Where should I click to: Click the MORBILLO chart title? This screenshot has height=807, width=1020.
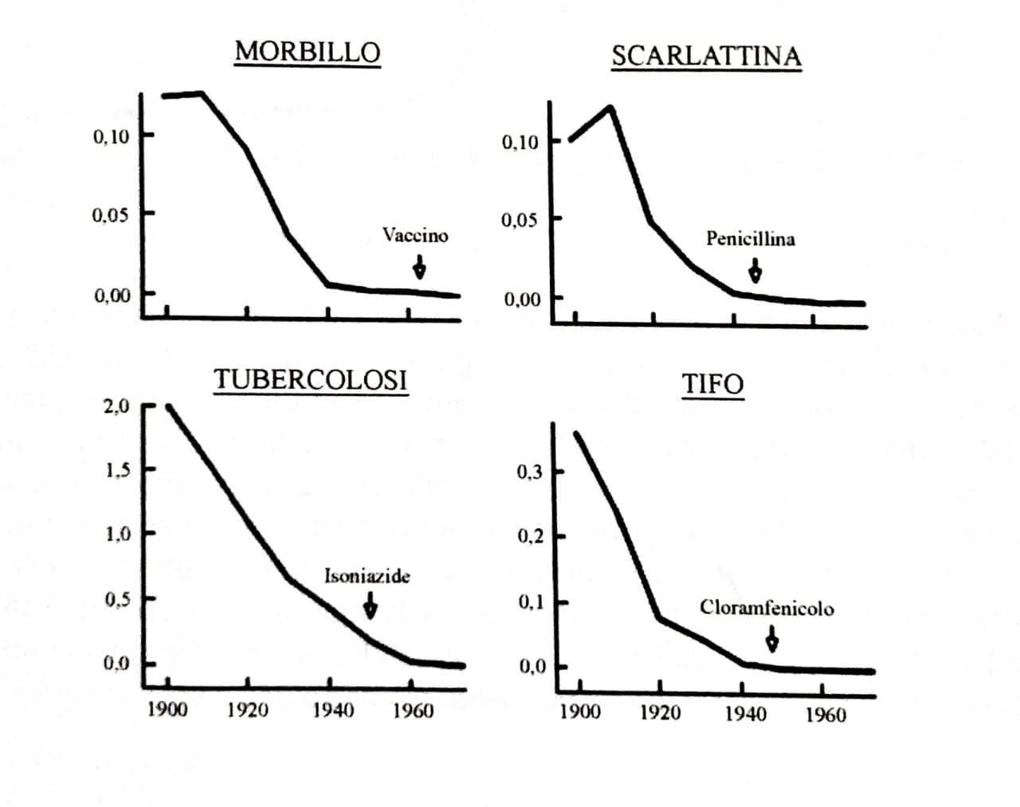[x=308, y=52]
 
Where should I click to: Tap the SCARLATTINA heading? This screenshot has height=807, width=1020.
[x=706, y=56]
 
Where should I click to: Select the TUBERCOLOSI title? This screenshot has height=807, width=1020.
[x=311, y=380]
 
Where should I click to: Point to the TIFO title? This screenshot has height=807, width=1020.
[x=713, y=384]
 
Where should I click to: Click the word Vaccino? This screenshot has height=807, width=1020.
[x=415, y=236]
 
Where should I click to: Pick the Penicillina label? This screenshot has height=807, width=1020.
[x=751, y=239]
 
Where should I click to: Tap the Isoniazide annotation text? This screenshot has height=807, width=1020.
[x=367, y=576]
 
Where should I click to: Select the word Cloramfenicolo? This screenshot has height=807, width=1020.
[x=767, y=608]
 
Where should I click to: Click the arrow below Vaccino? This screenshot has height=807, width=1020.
[x=419, y=267]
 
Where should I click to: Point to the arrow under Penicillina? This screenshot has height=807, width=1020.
[x=755, y=271]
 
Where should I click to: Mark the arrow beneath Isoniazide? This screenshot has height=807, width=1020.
[x=371, y=605]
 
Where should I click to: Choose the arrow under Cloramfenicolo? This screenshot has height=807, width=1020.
[x=772, y=639]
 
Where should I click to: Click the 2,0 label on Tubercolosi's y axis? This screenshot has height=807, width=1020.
[x=116, y=406]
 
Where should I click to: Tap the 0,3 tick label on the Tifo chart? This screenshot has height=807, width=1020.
[x=529, y=472]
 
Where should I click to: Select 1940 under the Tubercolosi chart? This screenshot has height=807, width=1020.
[x=333, y=711]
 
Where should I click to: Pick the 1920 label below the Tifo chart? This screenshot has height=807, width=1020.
[x=660, y=713]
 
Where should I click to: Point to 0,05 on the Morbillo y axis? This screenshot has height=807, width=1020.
[x=111, y=216]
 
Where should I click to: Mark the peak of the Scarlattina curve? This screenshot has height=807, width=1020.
[x=610, y=108]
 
